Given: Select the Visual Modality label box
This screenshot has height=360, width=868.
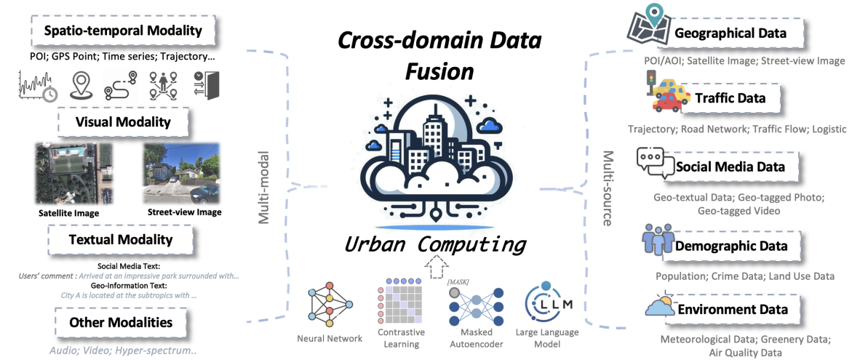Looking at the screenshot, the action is click(x=123, y=121).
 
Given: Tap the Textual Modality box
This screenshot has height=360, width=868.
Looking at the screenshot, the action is click(x=120, y=240).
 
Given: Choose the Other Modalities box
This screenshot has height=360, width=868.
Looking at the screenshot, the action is click(x=120, y=322).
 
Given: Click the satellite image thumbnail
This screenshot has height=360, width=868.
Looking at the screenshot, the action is click(x=73, y=174).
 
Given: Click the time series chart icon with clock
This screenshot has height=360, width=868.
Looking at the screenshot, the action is click(x=37, y=85).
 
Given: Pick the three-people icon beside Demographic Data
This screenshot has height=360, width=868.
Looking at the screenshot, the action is click(x=658, y=241).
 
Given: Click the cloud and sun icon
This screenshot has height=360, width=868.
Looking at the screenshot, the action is click(x=661, y=305).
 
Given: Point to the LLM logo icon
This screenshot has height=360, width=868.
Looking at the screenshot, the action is click(x=548, y=303).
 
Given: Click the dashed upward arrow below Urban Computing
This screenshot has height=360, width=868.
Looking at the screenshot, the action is click(x=435, y=266).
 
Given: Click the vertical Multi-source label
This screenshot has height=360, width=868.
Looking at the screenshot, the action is click(x=608, y=188).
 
